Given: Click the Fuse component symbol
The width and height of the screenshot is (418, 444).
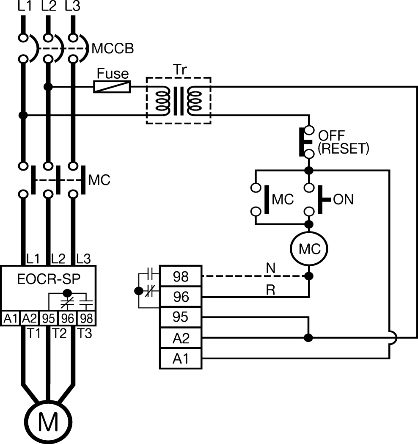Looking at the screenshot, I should click(112, 87).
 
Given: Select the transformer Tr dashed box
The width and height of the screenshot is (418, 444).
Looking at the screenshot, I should click(178, 100).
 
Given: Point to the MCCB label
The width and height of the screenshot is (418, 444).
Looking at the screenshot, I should click(113, 49).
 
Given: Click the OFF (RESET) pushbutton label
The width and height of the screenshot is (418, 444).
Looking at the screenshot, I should click(343, 142).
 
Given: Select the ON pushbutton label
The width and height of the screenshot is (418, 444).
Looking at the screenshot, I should click(344, 199).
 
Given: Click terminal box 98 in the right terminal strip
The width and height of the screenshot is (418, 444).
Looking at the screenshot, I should click(180, 277).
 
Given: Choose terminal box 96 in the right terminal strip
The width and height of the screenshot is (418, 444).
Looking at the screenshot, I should click(180, 297).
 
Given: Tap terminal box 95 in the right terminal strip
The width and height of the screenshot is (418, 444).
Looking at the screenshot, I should click(180, 317).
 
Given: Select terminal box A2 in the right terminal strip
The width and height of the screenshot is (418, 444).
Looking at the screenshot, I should click(180, 338).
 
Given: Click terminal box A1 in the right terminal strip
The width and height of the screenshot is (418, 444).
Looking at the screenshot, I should click(180, 359).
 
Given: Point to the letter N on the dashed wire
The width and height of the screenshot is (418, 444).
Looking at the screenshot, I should click(270, 268).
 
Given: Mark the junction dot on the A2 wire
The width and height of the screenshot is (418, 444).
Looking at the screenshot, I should click(309, 338).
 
